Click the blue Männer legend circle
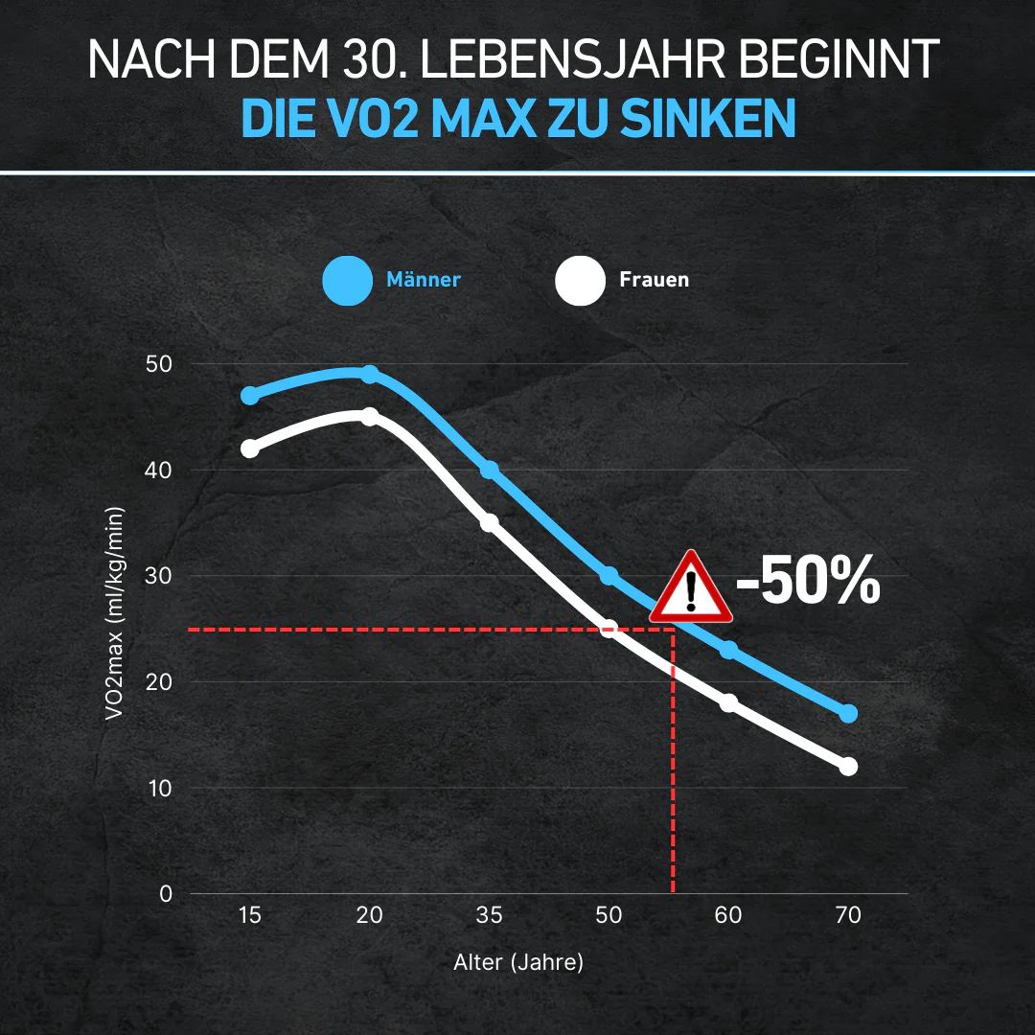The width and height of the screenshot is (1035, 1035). (347, 281)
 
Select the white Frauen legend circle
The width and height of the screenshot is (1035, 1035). (580, 281)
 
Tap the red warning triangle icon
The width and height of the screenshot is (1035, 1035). (690, 587)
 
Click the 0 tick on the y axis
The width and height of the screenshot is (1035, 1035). (166, 894)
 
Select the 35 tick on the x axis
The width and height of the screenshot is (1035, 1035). (489, 915)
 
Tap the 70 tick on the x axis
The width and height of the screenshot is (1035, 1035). (847, 915)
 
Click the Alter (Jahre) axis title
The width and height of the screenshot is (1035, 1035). (517, 962)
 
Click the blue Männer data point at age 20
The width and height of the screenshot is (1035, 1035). (369, 374)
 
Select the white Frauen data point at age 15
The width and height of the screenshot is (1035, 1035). (250, 448)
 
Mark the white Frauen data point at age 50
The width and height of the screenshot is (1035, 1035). (609, 629)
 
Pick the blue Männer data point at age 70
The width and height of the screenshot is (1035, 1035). (848, 713)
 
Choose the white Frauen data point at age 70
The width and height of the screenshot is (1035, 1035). (848, 767)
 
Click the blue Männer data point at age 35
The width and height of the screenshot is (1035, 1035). (489, 470)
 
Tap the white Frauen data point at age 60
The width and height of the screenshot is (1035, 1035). (728, 702)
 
